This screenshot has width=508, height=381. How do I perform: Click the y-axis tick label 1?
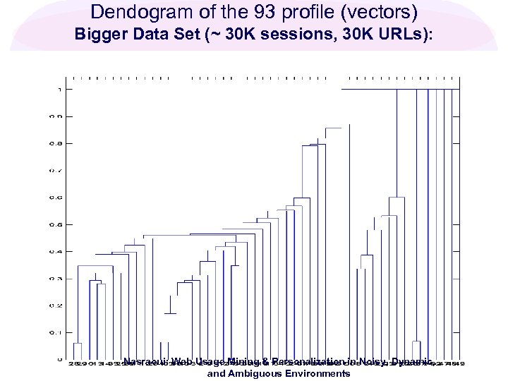pyautogui.click(x=61, y=90)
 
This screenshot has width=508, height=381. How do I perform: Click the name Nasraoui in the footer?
pyautogui.click(x=144, y=362)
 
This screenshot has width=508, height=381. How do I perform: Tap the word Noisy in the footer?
pyautogui.click(x=371, y=362)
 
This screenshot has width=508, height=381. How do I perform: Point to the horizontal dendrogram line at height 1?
pyautogui.click(x=399, y=90)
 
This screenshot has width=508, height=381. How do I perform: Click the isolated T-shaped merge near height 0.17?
pyautogui.click(x=170, y=313)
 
